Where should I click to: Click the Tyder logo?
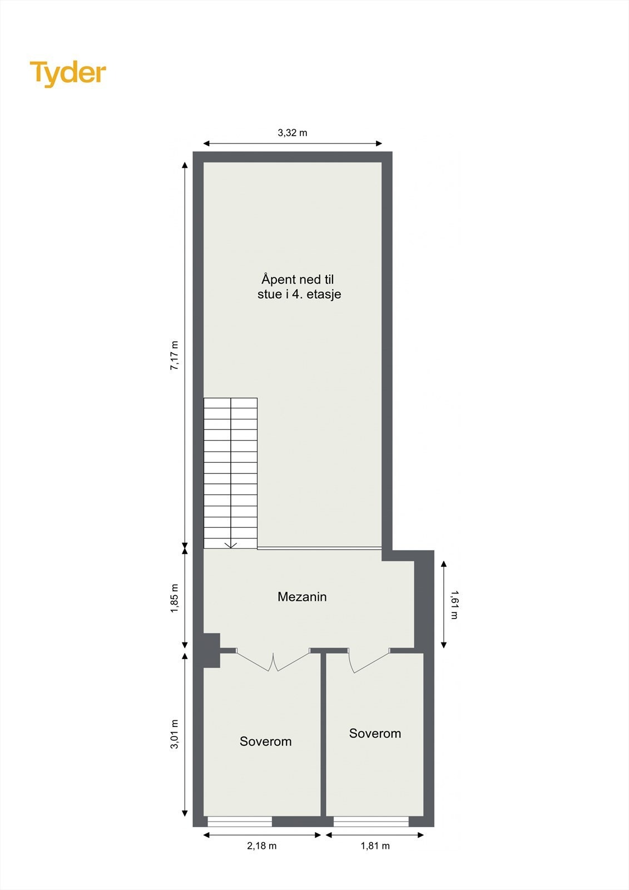click(x=68, y=73)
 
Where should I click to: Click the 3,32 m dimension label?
click(x=292, y=133)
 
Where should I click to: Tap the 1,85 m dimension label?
click(x=174, y=599)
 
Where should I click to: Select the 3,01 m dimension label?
click(x=174, y=734)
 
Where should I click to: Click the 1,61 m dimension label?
click(x=454, y=605)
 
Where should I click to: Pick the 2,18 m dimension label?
click(x=261, y=846)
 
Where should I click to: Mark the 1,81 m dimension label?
click(x=375, y=846)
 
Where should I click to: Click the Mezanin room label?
click(x=302, y=597)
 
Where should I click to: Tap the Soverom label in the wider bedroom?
click(x=265, y=741)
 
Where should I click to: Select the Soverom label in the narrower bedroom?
click(x=375, y=734)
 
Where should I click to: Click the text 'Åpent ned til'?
click(x=298, y=279)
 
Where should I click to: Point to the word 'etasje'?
click(x=324, y=294)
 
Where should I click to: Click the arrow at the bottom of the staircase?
click(x=231, y=545)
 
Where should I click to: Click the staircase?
click(x=230, y=473)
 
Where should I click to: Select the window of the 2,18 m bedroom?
click(x=240, y=822)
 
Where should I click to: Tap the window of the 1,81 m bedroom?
click(x=371, y=822)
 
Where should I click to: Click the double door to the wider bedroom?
click(x=273, y=660)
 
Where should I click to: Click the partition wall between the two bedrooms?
click(x=323, y=734)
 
